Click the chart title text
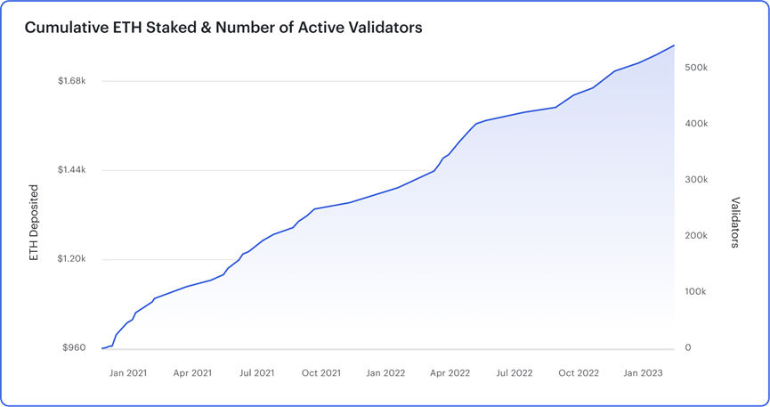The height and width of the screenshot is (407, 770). tap(223, 28)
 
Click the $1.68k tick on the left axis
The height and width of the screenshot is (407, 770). tap(71, 81)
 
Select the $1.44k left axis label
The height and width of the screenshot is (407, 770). tap(71, 170)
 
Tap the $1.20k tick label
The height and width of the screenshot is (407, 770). tap(71, 259)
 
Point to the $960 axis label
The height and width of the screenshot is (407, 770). tap(74, 347)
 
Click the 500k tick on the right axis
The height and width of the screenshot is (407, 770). tap(696, 68)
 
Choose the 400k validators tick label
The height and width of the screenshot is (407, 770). tap(696, 124)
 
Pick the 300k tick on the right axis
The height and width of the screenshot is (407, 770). tap(696, 180)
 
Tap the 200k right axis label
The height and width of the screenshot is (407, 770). tap(696, 236)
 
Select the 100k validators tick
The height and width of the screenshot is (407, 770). tap(696, 292)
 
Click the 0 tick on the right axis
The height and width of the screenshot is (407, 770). tap(688, 347)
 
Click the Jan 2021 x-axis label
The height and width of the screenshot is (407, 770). tap(128, 373)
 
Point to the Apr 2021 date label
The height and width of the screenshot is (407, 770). tap(192, 373)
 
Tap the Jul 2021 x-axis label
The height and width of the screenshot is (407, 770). tap(256, 373)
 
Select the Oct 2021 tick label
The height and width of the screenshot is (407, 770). tap(321, 373)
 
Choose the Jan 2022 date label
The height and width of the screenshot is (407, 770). tap(385, 373)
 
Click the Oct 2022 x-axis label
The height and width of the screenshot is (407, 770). tap(579, 373)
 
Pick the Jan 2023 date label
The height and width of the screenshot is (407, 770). tap(643, 373)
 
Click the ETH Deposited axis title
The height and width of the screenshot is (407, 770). tap(35, 223)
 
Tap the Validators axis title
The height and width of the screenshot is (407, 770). tap(735, 223)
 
